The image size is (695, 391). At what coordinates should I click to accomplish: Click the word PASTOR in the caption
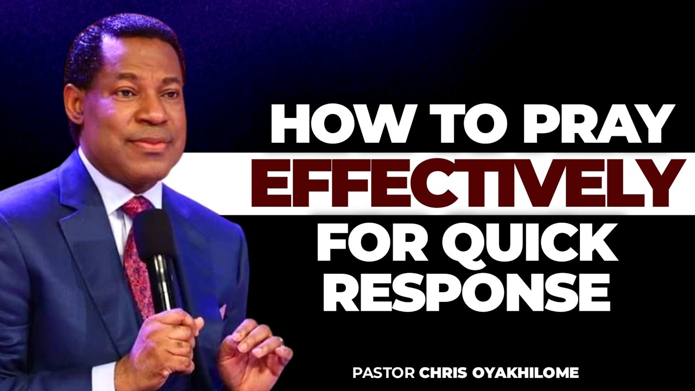(384, 373)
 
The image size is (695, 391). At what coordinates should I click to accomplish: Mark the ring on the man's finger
(280, 341)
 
